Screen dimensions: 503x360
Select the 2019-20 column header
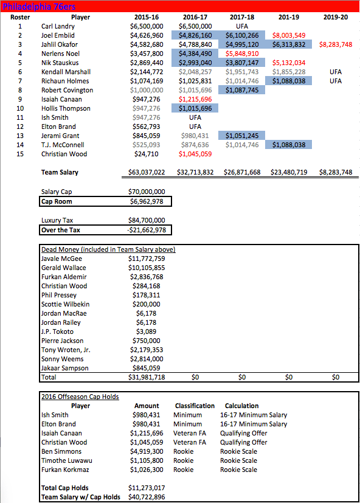point(336,18)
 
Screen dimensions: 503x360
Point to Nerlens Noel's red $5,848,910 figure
point(241,54)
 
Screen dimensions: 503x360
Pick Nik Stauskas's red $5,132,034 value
point(289,63)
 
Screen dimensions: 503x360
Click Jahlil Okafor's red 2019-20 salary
point(336,45)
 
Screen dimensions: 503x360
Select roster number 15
point(20,154)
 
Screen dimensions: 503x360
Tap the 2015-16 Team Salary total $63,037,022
point(147,173)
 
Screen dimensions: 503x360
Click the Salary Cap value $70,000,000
point(147,192)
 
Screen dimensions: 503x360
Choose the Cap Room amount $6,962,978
point(147,201)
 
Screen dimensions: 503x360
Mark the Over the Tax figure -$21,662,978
point(147,230)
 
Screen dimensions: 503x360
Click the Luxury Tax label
point(57,220)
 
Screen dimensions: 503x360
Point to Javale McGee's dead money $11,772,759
point(147,258)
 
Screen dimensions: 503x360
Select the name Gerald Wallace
point(64,268)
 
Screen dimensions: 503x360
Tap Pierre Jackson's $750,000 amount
point(147,341)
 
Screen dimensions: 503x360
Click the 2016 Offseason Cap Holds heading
point(80,397)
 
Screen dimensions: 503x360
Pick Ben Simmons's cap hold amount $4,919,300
point(147,451)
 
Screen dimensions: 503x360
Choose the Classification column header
point(195,406)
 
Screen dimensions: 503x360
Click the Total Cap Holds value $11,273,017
point(147,488)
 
